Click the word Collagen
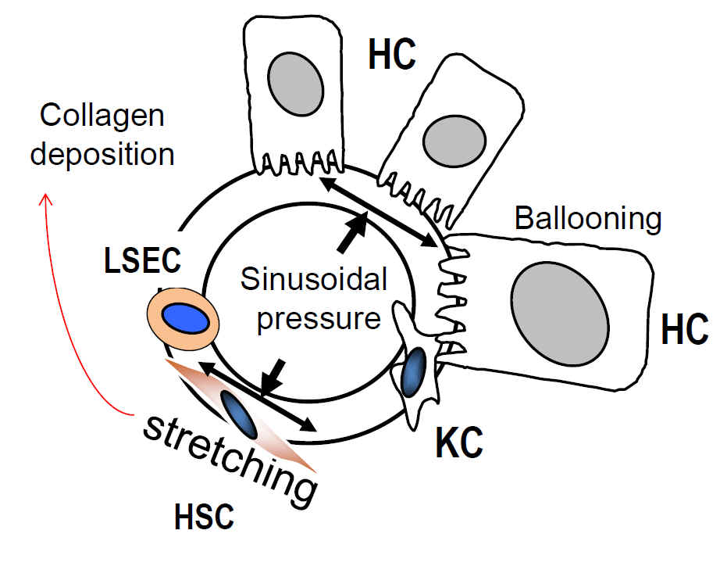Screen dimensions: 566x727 [x=102, y=116]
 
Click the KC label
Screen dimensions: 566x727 [x=459, y=444]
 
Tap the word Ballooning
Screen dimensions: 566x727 [x=588, y=219]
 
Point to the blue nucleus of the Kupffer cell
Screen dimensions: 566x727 [x=413, y=371]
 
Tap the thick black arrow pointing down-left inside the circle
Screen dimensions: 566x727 [x=273, y=377]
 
